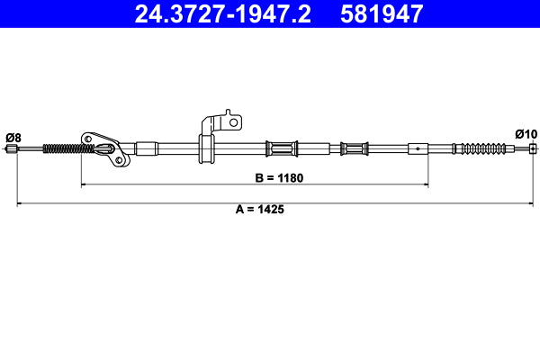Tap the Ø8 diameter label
(x=13, y=137)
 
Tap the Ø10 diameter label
(x=526, y=134)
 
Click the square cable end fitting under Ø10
(x=533, y=148)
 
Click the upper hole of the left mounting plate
(x=88, y=138)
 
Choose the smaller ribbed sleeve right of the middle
(x=354, y=148)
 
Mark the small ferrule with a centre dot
(x=418, y=148)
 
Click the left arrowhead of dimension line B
(x=85, y=184)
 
